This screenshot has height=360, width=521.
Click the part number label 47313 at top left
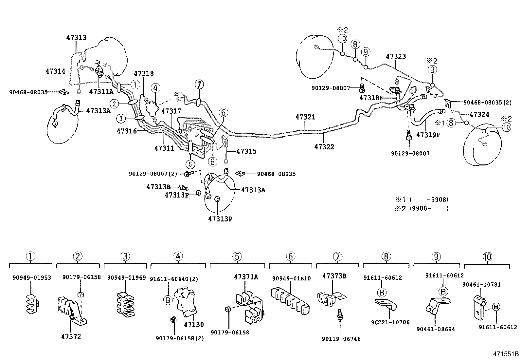pyautogui.click(x=76, y=37)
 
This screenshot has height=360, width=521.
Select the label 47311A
pyautogui.click(x=101, y=92)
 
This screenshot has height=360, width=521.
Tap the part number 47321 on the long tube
pyautogui.click(x=305, y=117)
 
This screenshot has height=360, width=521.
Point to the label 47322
pyautogui.click(x=324, y=147)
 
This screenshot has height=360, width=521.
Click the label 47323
pyautogui.click(x=396, y=56)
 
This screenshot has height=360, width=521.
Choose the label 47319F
pyautogui.click(x=428, y=134)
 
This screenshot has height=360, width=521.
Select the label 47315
pyautogui.click(x=246, y=151)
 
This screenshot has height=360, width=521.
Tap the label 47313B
pyautogui.click(x=158, y=187)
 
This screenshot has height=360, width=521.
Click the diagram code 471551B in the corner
pyautogui.click(x=506, y=354)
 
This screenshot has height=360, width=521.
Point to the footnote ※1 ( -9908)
pyautogui.click(x=422, y=199)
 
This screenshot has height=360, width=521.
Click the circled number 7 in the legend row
pyautogui.click(x=338, y=257)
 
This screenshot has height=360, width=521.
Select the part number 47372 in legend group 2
pyautogui.click(x=71, y=336)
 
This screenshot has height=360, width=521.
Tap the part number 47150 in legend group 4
pyautogui.click(x=194, y=325)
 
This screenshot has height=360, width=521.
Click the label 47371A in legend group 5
pyautogui.click(x=246, y=277)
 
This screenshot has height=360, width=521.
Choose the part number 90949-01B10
pyautogui.click(x=291, y=278)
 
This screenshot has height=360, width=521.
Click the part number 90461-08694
pyautogui.click(x=436, y=329)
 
